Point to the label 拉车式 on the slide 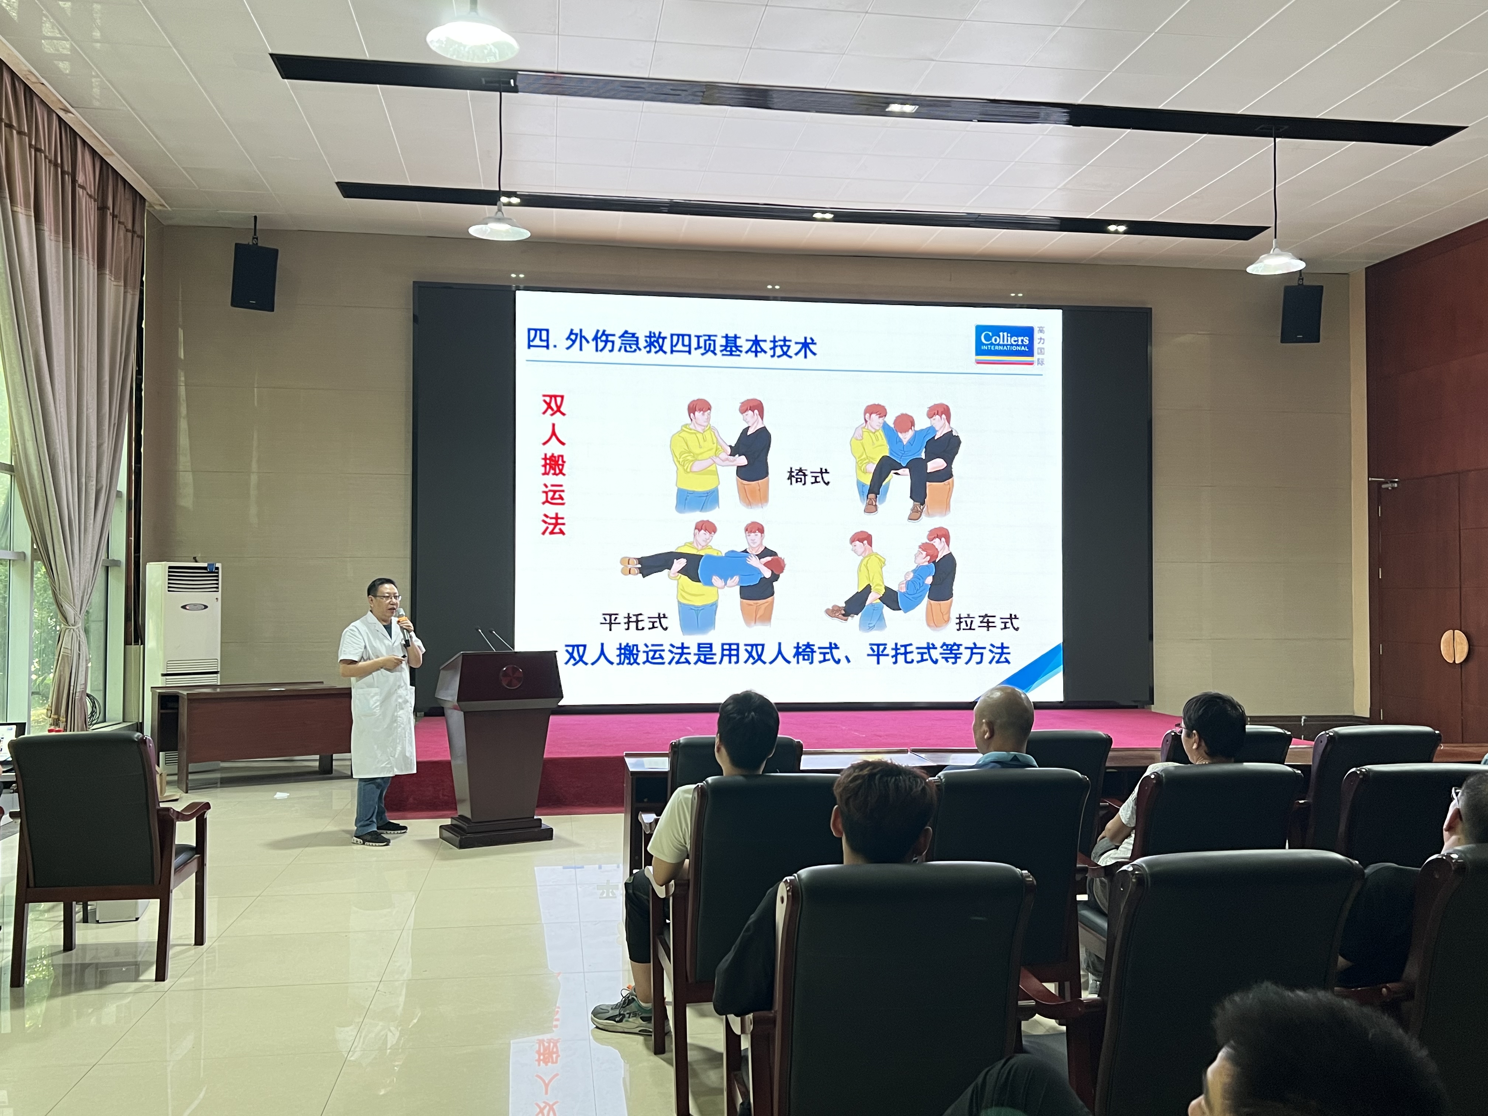pyautogui.click(x=987, y=623)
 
